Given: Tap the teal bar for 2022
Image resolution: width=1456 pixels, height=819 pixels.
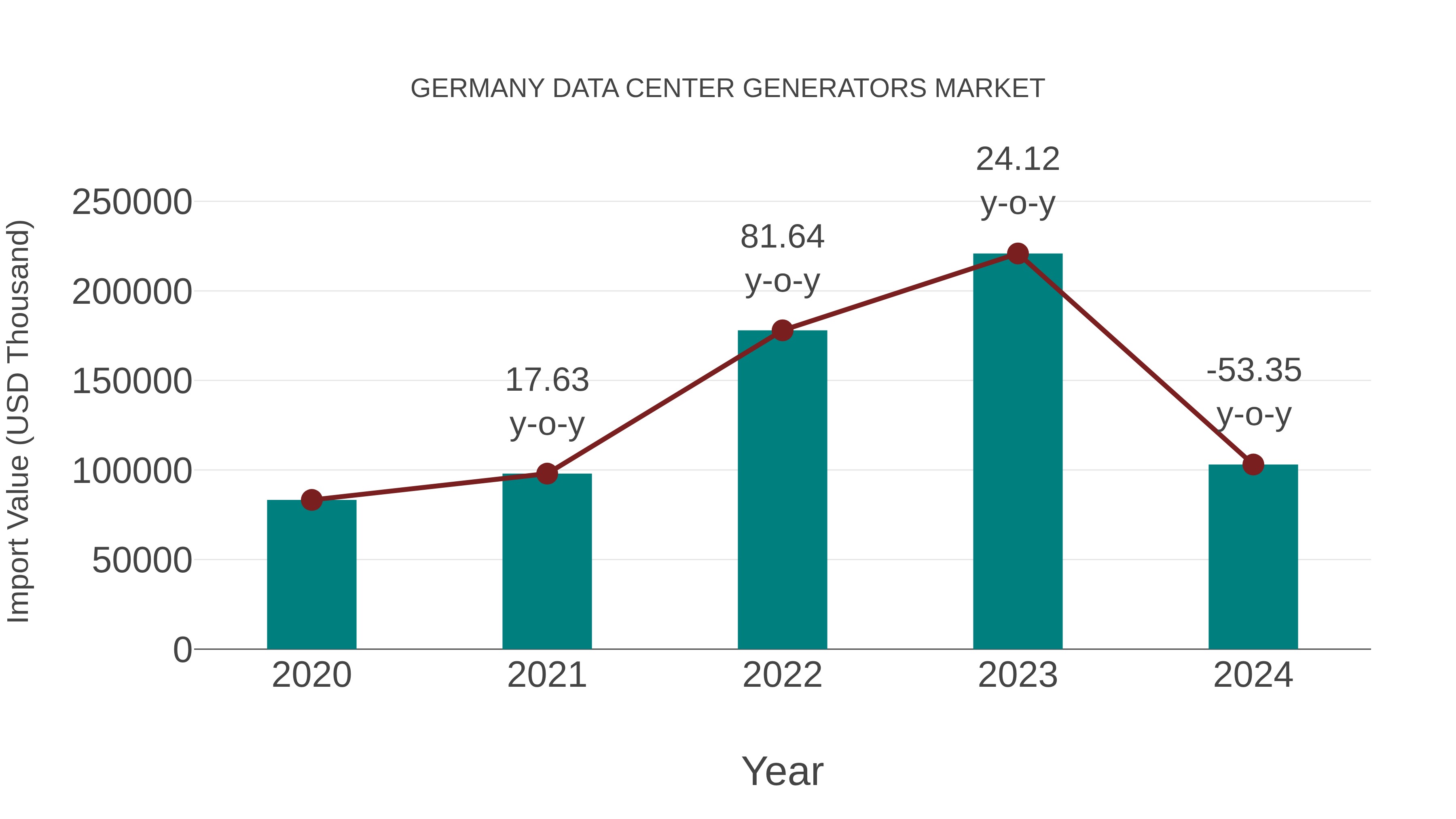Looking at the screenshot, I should coord(782,489).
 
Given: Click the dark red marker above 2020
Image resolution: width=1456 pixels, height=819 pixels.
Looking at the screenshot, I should coord(311,499).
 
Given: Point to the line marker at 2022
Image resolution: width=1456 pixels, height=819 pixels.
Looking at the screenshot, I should coord(782,330).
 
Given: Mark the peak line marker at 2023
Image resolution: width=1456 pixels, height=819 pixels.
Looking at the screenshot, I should coord(1018,254).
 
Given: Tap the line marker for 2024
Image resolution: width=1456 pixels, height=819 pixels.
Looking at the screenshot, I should coord(1253,465).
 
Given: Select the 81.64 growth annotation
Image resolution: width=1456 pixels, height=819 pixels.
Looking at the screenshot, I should coord(782,237).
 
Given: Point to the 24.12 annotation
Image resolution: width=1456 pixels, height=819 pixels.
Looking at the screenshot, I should coord(1018,160).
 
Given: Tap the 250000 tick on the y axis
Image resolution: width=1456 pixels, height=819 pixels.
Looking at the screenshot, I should coord(132,202).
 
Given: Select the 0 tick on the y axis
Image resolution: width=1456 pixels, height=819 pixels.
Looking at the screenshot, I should coord(182,650).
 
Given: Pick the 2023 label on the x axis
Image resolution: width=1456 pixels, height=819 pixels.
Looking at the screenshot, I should coord(1018,675).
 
